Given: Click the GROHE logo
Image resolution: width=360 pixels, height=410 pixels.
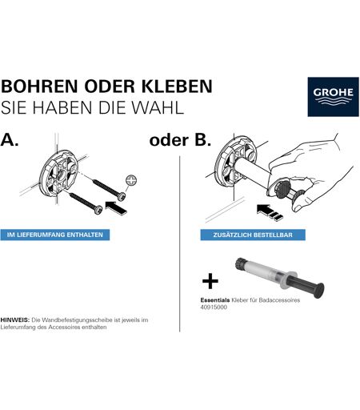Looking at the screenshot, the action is click(333, 97).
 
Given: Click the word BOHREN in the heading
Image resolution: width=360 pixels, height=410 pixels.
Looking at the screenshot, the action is click(39, 86).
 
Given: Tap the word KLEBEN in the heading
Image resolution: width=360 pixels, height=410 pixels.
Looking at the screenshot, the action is click(177, 86).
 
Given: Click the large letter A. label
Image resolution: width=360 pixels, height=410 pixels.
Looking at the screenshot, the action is click(10, 140).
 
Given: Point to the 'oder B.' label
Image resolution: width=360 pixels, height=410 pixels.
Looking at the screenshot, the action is click(180, 140).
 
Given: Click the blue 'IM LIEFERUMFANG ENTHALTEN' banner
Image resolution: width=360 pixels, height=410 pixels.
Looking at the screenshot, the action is click(55, 235).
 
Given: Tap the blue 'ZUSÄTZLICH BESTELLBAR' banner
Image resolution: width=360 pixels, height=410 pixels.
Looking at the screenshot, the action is click(253, 235).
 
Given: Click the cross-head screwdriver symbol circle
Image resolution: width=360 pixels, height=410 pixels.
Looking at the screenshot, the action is click(131, 180).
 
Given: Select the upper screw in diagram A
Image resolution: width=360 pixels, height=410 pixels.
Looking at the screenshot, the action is click(109, 190).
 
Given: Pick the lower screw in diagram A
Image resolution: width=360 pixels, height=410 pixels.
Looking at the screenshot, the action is click(86, 203).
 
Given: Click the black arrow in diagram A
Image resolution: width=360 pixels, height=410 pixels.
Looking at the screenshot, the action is click(116, 208).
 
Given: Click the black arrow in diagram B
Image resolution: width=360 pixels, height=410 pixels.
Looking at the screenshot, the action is click(269, 212).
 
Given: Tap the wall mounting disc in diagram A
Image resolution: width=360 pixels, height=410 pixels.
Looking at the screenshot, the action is click(58, 173).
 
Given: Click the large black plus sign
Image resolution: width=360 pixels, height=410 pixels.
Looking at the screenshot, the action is click(210, 281).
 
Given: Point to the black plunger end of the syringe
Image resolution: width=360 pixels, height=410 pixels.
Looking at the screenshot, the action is click(319, 290).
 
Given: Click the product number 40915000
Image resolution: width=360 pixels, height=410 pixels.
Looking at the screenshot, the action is click(214, 307).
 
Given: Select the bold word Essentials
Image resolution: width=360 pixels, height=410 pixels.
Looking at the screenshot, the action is click(215, 300).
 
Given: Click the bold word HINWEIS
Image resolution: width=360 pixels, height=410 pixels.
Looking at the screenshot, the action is click(14, 320).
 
